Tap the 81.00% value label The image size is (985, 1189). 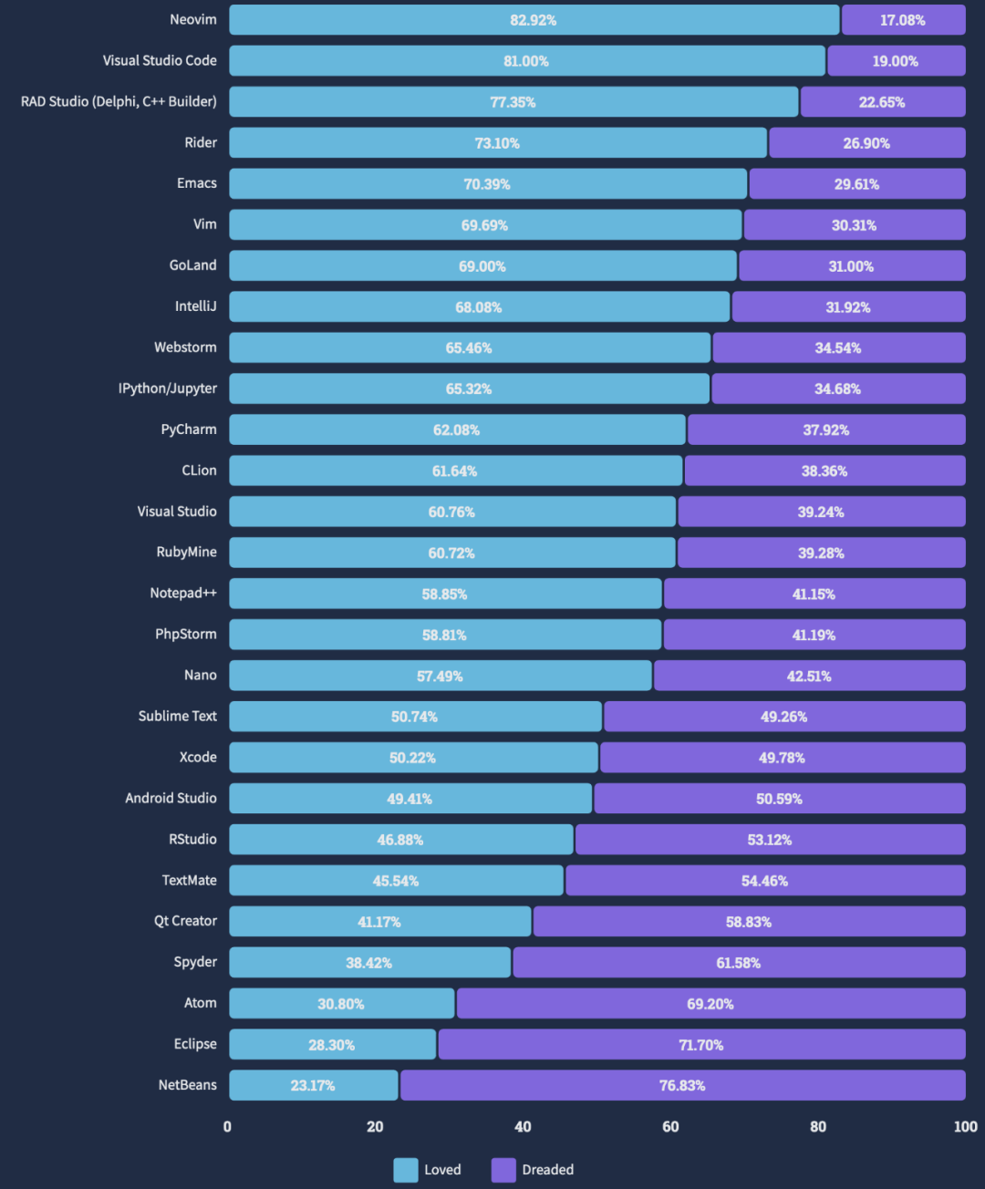(x=526, y=61)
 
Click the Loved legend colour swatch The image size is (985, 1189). (x=406, y=1170)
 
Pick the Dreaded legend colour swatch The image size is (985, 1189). (x=503, y=1170)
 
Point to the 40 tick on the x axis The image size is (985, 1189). (x=523, y=1127)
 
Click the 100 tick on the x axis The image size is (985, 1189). (x=965, y=1127)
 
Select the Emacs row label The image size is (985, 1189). (x=197, y=183)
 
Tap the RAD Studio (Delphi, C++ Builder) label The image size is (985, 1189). (x=119, y=101)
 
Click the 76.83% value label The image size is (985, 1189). (x=682, y=1086)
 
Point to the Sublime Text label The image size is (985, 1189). (x=178, y=716)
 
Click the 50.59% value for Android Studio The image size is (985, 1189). (x=779, y=799)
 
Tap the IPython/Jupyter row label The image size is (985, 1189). (x=168, y=388)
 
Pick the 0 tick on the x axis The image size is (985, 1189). (x=228, y=1127)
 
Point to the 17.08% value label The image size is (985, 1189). (x=902, y=20)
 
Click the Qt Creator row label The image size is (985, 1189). (x=185, y=921)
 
